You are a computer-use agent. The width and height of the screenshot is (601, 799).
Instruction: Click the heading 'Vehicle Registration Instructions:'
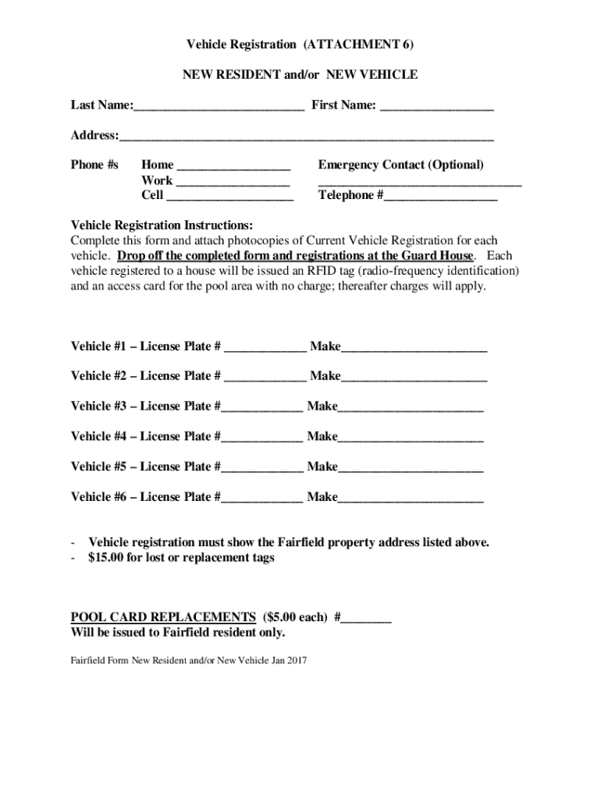point(162,225)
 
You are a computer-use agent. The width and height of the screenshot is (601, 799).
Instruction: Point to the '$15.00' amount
point(106,558)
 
